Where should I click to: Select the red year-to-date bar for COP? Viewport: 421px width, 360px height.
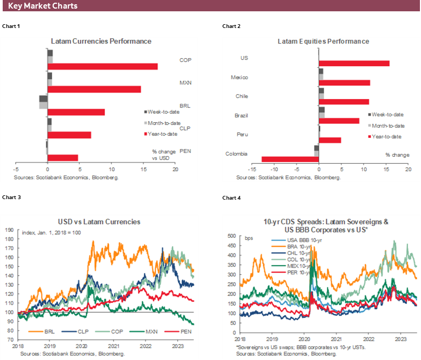point(102,66)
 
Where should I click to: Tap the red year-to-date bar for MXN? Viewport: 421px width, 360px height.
point(94,89)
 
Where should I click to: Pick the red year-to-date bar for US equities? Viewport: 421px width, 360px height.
point(354,63)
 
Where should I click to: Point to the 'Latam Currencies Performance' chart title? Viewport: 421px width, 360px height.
point(101,41)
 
